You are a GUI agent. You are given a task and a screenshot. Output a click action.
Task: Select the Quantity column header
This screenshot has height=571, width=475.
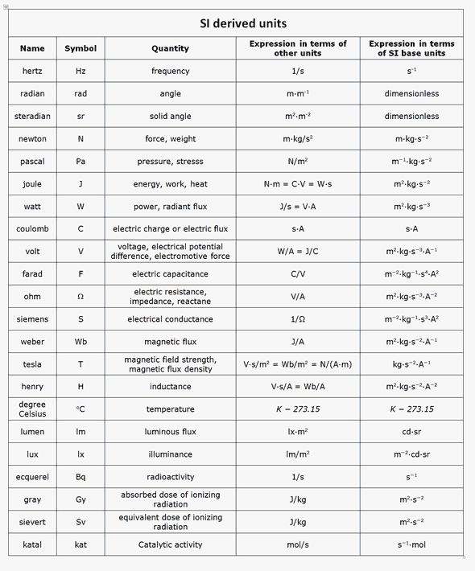(170, 48)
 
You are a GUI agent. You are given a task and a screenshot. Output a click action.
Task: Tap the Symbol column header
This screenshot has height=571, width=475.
(81, 48)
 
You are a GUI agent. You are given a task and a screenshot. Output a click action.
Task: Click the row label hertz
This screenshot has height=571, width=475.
(32, 71)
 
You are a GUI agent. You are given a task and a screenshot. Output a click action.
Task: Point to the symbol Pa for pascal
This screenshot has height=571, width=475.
(81, 161)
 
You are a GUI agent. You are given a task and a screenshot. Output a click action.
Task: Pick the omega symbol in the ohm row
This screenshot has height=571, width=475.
(81, 297)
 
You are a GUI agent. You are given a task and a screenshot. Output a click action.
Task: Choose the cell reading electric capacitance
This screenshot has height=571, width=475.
(170, 274)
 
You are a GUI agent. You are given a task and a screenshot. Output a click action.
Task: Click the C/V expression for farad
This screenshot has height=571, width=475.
(298, 274)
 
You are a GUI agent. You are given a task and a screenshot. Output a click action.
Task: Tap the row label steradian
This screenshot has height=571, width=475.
(32, 116)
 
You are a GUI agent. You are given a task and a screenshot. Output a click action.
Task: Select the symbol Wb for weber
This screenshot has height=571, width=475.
(81, 342)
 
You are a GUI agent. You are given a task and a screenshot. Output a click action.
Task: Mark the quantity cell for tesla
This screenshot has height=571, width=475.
(170, 364)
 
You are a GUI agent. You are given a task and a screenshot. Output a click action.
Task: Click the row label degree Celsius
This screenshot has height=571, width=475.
(32, 409)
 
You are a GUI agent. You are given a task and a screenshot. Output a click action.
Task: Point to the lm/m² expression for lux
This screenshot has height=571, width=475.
(298, 454)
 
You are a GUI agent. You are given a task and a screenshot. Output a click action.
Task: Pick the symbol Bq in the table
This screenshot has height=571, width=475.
(81, 477)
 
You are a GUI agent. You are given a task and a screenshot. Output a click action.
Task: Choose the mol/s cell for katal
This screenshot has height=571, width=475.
(298, 544)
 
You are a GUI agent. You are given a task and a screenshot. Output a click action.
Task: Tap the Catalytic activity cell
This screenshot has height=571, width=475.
(170, 544)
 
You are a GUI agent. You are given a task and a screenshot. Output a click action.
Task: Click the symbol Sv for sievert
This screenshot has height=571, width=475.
(81, 522)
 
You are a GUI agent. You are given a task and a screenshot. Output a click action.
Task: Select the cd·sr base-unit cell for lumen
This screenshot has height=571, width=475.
(411, 432)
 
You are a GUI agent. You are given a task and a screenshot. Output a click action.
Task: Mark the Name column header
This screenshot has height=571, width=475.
(32, 48)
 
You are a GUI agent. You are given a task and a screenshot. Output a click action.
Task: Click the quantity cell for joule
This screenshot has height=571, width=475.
(170, 184)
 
